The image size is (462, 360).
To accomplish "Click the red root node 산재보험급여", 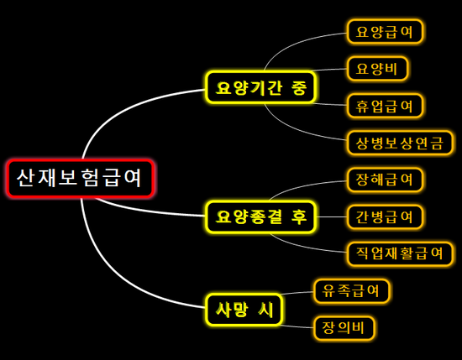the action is click(81, 178).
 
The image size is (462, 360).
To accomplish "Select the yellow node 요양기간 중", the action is click(260, 87).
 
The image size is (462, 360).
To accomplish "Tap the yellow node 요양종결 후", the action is click(260, 217).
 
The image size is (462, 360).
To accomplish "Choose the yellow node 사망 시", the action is click(244, 310).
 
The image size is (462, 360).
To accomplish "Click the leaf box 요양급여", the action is click(385, 32).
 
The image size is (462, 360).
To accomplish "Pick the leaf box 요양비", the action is click(377, 69).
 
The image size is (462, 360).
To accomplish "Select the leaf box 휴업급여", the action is click(385, 106).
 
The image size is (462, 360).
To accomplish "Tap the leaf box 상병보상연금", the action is click(400, 143).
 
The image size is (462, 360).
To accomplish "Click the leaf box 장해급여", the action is click(385, 180).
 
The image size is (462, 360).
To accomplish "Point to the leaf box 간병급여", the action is click(385, 217).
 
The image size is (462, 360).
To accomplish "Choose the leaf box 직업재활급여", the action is click(400, 253).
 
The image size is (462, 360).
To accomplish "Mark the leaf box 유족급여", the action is click(351, 291).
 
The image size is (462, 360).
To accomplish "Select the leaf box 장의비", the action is click(344, 328).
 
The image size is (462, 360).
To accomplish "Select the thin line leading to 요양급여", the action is click(295, 43).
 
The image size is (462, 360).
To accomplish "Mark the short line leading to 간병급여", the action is click(332, 217).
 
